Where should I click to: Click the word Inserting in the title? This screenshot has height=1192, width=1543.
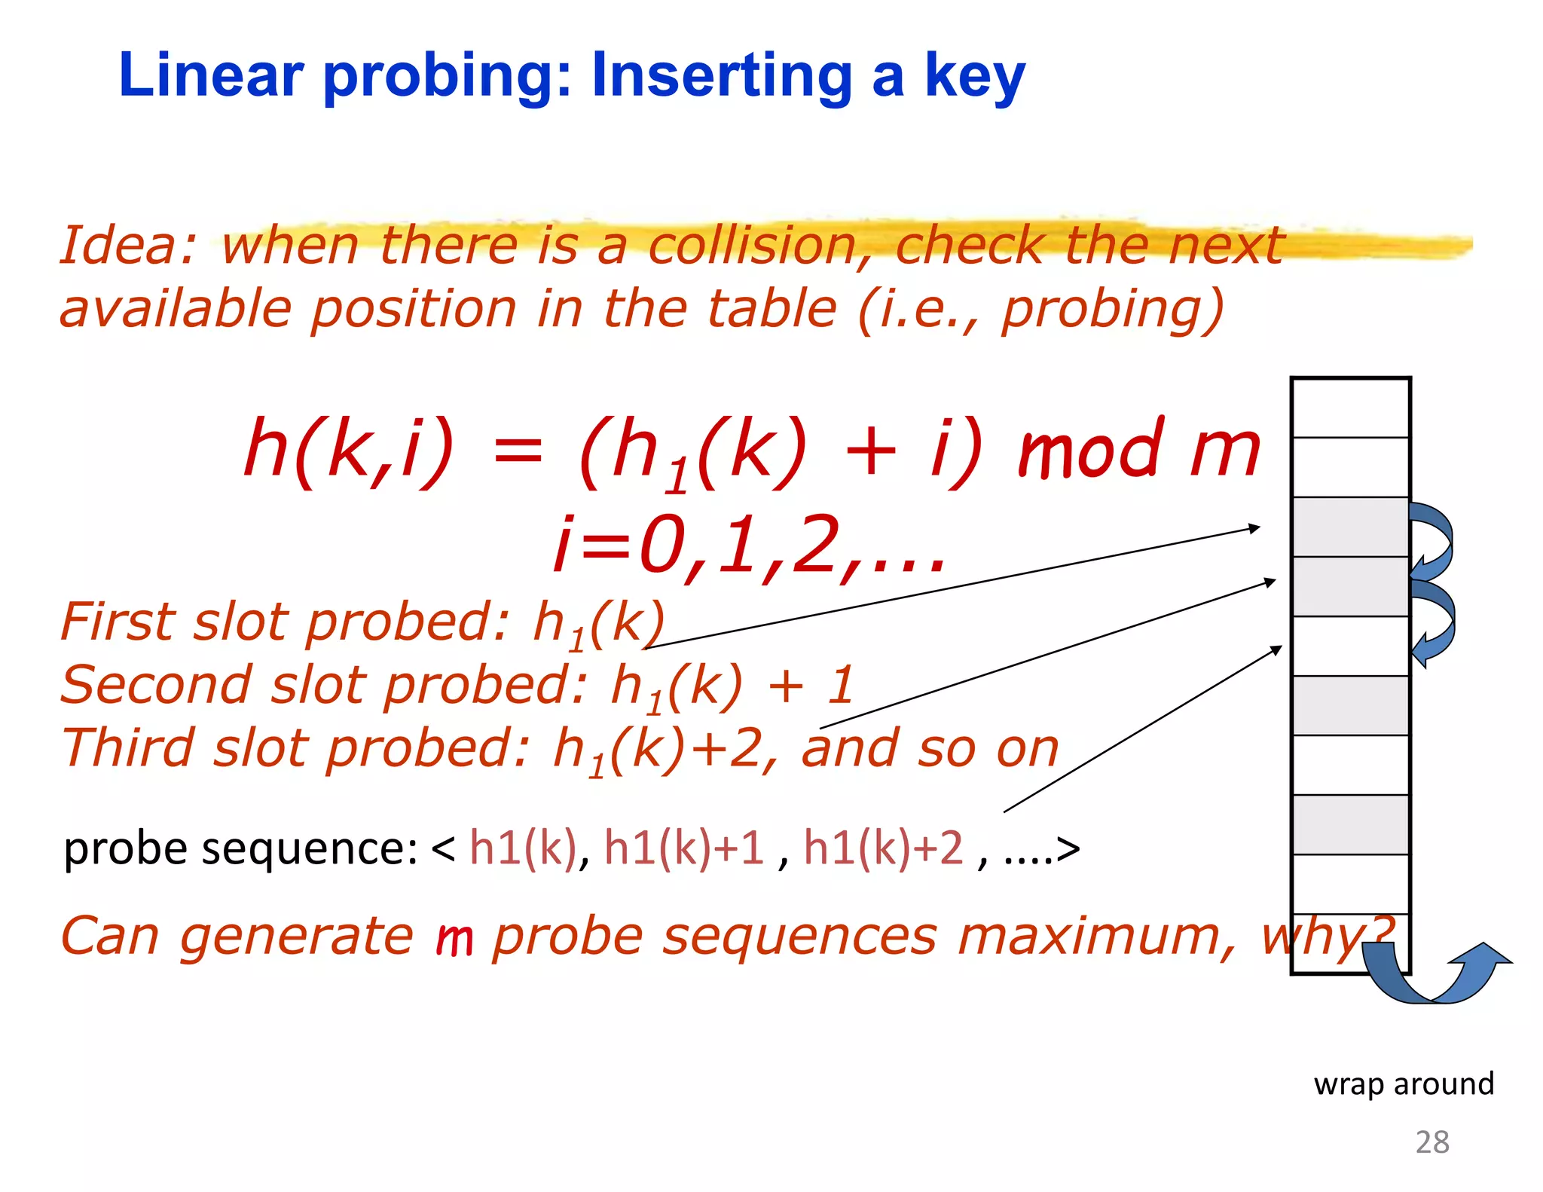pos(722,77)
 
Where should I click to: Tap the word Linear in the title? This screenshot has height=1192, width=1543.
pos(211,75)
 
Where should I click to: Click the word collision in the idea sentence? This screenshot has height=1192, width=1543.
pos(753,246)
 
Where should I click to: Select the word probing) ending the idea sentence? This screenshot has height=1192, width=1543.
pos(1112,310)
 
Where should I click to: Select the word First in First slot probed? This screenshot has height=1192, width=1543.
pos(121,622)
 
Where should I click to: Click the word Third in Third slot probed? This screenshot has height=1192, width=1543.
pos(128,749)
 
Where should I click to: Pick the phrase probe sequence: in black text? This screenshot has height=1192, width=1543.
pos(241,849)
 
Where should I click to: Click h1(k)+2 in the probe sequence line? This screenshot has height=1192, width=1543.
pos(883,848)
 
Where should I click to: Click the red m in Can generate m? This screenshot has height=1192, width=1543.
pos(454,939)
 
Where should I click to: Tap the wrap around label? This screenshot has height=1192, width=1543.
pos(1403,1083)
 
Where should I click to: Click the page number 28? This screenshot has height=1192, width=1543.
pos(1431,1142)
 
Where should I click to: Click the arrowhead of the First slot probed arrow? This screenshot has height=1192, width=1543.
pos(1254,528)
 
